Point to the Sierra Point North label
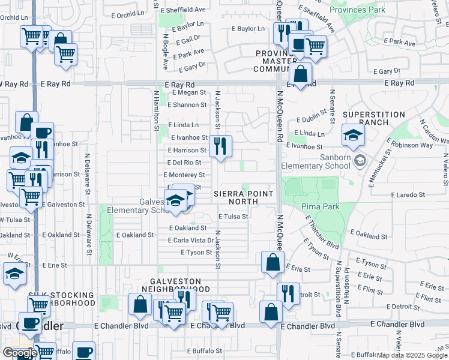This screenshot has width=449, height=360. [x=244, y=197]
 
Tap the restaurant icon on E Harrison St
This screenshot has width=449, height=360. [x=221, y=146]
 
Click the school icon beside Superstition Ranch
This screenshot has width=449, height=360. [x=353, y=135]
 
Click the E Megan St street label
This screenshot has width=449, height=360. [x=188, y=93]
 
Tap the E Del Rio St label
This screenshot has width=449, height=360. [x=184, y=163]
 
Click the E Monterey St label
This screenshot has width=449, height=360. [x=184, y=175]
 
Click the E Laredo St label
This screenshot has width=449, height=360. [x=408, y=195]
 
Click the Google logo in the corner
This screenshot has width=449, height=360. [x=19, y=353]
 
